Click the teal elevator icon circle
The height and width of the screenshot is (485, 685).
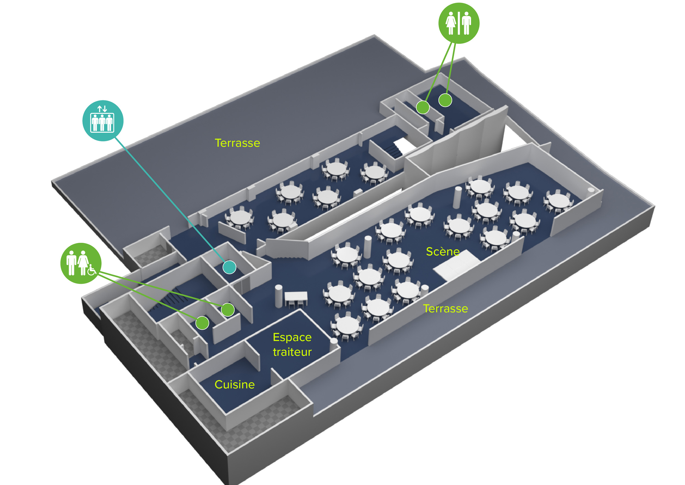pos(103,120)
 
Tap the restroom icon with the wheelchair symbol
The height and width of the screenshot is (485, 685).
pos(81,263)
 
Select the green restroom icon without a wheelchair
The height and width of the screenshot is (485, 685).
pos(459,23)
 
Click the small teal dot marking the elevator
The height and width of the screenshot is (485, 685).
pos(229,267)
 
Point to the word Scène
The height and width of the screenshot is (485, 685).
pos(443,252)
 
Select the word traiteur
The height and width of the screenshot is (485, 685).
pos(292,352)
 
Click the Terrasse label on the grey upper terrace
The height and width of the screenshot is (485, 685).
pos(237,143)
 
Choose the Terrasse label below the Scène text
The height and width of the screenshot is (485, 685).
pos(446,309)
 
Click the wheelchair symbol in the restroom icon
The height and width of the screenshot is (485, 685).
pos(92,270)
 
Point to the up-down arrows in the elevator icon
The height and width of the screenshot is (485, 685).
pos(102,109)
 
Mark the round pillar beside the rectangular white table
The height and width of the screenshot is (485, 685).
pos(278,296)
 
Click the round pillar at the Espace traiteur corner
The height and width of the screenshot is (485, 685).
pos(333,344)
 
